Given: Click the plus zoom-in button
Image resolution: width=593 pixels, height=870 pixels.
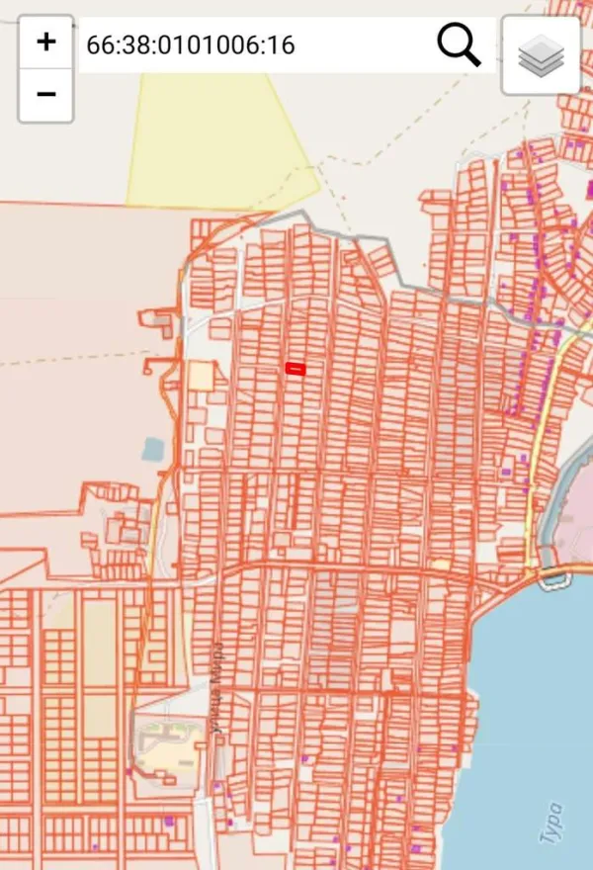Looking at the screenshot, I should point(45,43).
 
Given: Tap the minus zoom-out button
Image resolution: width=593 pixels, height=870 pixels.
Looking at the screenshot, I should point(45,95).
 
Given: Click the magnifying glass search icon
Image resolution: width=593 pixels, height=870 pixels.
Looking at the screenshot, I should point(459,45).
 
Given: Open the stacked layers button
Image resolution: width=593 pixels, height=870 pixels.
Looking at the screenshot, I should point(541,55).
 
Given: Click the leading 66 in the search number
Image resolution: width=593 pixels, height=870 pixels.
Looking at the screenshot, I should point(98,45).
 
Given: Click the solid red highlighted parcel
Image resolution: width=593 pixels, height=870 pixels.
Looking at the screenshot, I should point(296,369).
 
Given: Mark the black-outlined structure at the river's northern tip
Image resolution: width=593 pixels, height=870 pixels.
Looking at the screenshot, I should point(556,579).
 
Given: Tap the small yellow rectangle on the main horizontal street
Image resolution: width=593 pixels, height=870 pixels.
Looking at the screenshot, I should point(441,565).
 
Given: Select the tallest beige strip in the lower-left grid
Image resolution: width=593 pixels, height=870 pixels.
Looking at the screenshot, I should point(99,643).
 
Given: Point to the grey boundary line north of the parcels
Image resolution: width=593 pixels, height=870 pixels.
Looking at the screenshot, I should point(415,277).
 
